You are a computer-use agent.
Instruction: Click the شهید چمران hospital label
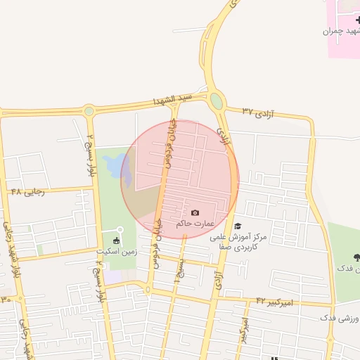click(340, 31)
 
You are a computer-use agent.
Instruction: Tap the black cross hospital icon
click(358, 20)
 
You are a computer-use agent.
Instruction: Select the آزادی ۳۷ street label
click(257, 111)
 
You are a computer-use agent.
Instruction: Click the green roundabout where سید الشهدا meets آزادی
click(217, 101)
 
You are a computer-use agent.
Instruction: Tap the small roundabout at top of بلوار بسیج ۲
click(89, 110)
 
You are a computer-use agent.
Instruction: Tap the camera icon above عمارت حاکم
click(195, 212)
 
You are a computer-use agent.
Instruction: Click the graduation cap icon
click(238, 226)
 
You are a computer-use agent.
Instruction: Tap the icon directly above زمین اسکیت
click(120, 229)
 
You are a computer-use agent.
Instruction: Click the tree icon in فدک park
click(356, 257)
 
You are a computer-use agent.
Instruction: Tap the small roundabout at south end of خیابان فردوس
click(148, 289)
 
